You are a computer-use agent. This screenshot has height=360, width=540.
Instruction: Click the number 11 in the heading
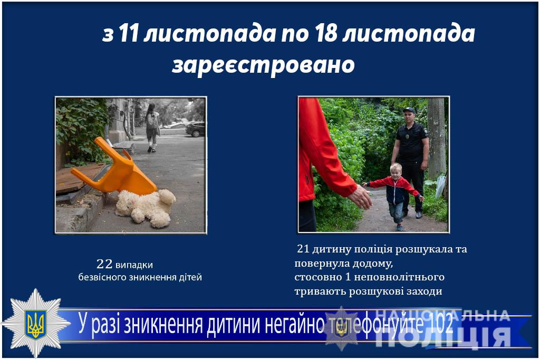[x=129, y=34]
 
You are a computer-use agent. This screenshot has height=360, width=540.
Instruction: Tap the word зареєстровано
[x=263, y=65]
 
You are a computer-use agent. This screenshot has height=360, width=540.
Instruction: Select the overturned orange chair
[x=114, y=167]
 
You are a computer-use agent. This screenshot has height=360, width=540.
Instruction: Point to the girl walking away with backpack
[x=152, y=128]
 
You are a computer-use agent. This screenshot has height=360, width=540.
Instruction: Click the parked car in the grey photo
[x=195, y=129]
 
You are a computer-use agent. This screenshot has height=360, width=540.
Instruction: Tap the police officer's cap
[x=409, y=110]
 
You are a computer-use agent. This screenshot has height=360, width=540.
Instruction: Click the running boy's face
[x=395, y=172]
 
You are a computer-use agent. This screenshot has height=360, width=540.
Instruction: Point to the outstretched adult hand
[x=360, y=197]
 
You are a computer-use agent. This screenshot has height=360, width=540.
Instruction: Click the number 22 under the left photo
[x=104, y=264]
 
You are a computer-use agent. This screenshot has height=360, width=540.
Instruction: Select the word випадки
[x=134, y=265]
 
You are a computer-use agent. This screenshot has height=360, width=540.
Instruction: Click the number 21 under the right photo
[x=303, y=248]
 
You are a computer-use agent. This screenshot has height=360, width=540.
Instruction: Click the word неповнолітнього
[x=399, y=277]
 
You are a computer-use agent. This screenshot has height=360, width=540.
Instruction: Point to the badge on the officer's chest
[x=408, y=137]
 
